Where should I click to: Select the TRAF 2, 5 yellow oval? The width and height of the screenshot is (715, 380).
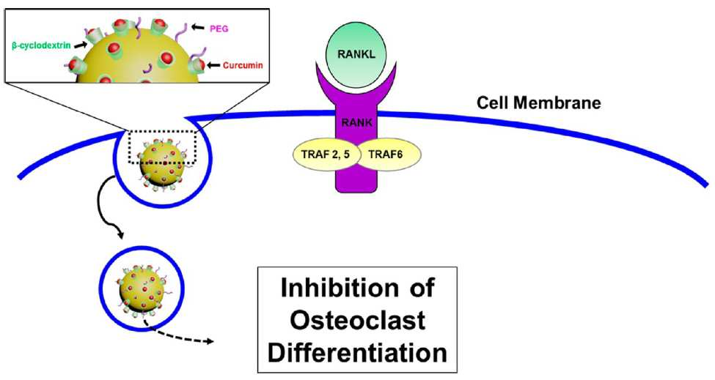click(x=326, y=154)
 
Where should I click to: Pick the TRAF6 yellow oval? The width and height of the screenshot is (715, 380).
click(x=386, y=154)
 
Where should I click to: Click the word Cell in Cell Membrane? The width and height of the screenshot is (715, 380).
click(x=493, y=103)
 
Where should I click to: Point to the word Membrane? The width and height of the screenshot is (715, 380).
click(x=557, y=103)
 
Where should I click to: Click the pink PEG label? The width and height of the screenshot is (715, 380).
click(x=219, y=29)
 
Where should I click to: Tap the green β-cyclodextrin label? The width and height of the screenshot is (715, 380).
click(x=42, y=46)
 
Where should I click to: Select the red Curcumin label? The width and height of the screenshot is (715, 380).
click(x=243, y=66)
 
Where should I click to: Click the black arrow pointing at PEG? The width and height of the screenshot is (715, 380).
click(x=197, y=28)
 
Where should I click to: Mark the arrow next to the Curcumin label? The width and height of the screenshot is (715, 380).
click(x=213, y=66)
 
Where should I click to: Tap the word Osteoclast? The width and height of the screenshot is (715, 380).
click(x=358, y=320)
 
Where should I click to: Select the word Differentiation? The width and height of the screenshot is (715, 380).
click(x=358, y=352)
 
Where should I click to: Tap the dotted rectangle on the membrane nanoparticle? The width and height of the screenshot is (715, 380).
click(x=163, y=147)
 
